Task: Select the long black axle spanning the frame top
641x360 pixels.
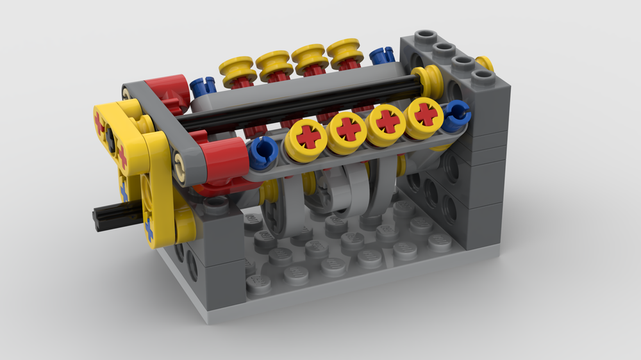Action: click(301, 102)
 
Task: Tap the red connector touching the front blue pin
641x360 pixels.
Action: click(222, 160)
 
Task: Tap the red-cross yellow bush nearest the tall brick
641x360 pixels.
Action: click(424, 115)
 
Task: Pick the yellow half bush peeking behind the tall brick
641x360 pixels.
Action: click(486, 63)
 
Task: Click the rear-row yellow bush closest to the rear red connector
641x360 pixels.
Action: click(237, 67)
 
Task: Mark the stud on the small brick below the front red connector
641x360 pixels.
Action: click(217, 204)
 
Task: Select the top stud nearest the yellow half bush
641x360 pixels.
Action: click(483, 78)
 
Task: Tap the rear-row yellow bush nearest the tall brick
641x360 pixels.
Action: click(345, 53)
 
